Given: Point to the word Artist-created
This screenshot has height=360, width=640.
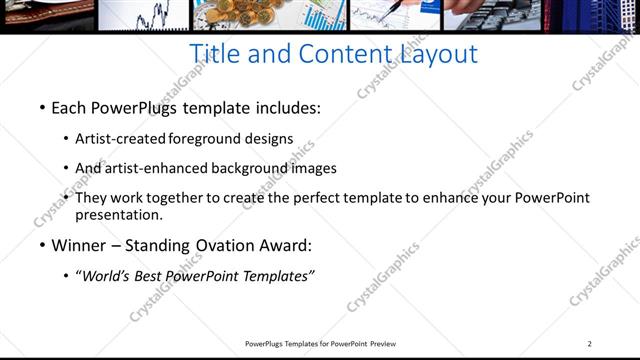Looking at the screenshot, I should click(x=121, y=139).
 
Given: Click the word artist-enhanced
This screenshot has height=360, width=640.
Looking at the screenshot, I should click(x=149, y=169).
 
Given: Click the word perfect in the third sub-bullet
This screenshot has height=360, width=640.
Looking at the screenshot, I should click(x=340, y=198).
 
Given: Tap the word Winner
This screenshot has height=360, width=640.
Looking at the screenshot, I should click(x=77, y=246).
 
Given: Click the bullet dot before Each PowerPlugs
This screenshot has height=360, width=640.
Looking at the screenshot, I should click(x=41, y=106).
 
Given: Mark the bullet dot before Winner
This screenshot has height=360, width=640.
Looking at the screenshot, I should click(x=41, y=246).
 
